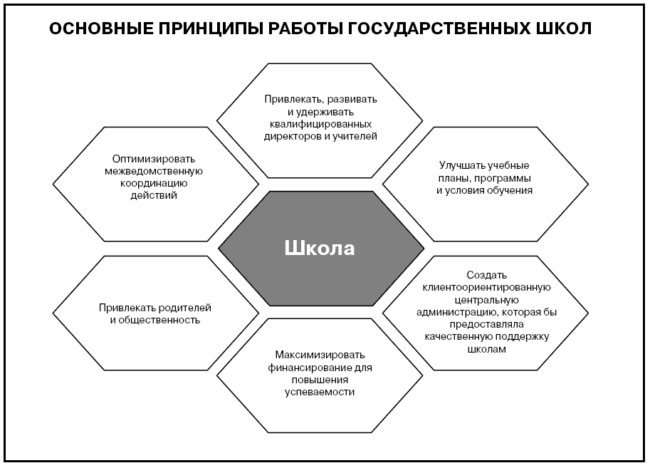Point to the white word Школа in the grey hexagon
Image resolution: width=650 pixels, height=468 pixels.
click(x=320, y=248)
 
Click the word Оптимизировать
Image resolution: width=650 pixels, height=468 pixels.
click(x=154, y=159)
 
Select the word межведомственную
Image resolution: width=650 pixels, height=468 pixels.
click(x=154, y=171)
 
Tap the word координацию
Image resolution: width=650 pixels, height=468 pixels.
click(x=154, y=183)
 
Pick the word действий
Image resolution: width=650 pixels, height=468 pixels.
click(x=154, y=195)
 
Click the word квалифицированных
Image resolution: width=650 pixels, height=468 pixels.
click(x=320, y=124)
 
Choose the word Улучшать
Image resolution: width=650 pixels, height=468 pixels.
click(x=462, y=165)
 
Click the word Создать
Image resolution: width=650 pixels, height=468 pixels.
click(x=486, y=275)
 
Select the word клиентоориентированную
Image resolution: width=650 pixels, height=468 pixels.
click(x=486, y=287)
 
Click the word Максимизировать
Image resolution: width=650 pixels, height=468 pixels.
click(x=320, y=355)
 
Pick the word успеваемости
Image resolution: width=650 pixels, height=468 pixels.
click(x=320, y=392)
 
